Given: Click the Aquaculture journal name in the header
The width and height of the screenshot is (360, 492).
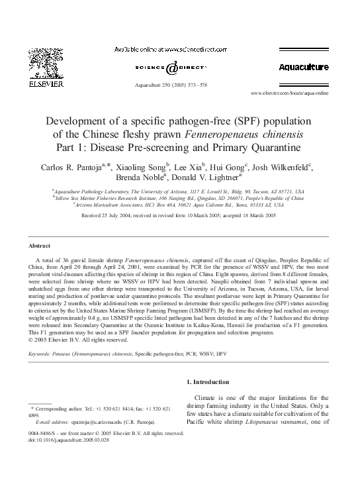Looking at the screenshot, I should [x=304, y=68].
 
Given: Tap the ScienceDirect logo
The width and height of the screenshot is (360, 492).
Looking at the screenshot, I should [x=171, y=68].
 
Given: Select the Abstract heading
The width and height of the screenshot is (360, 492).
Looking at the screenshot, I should [x=40, y=245].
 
